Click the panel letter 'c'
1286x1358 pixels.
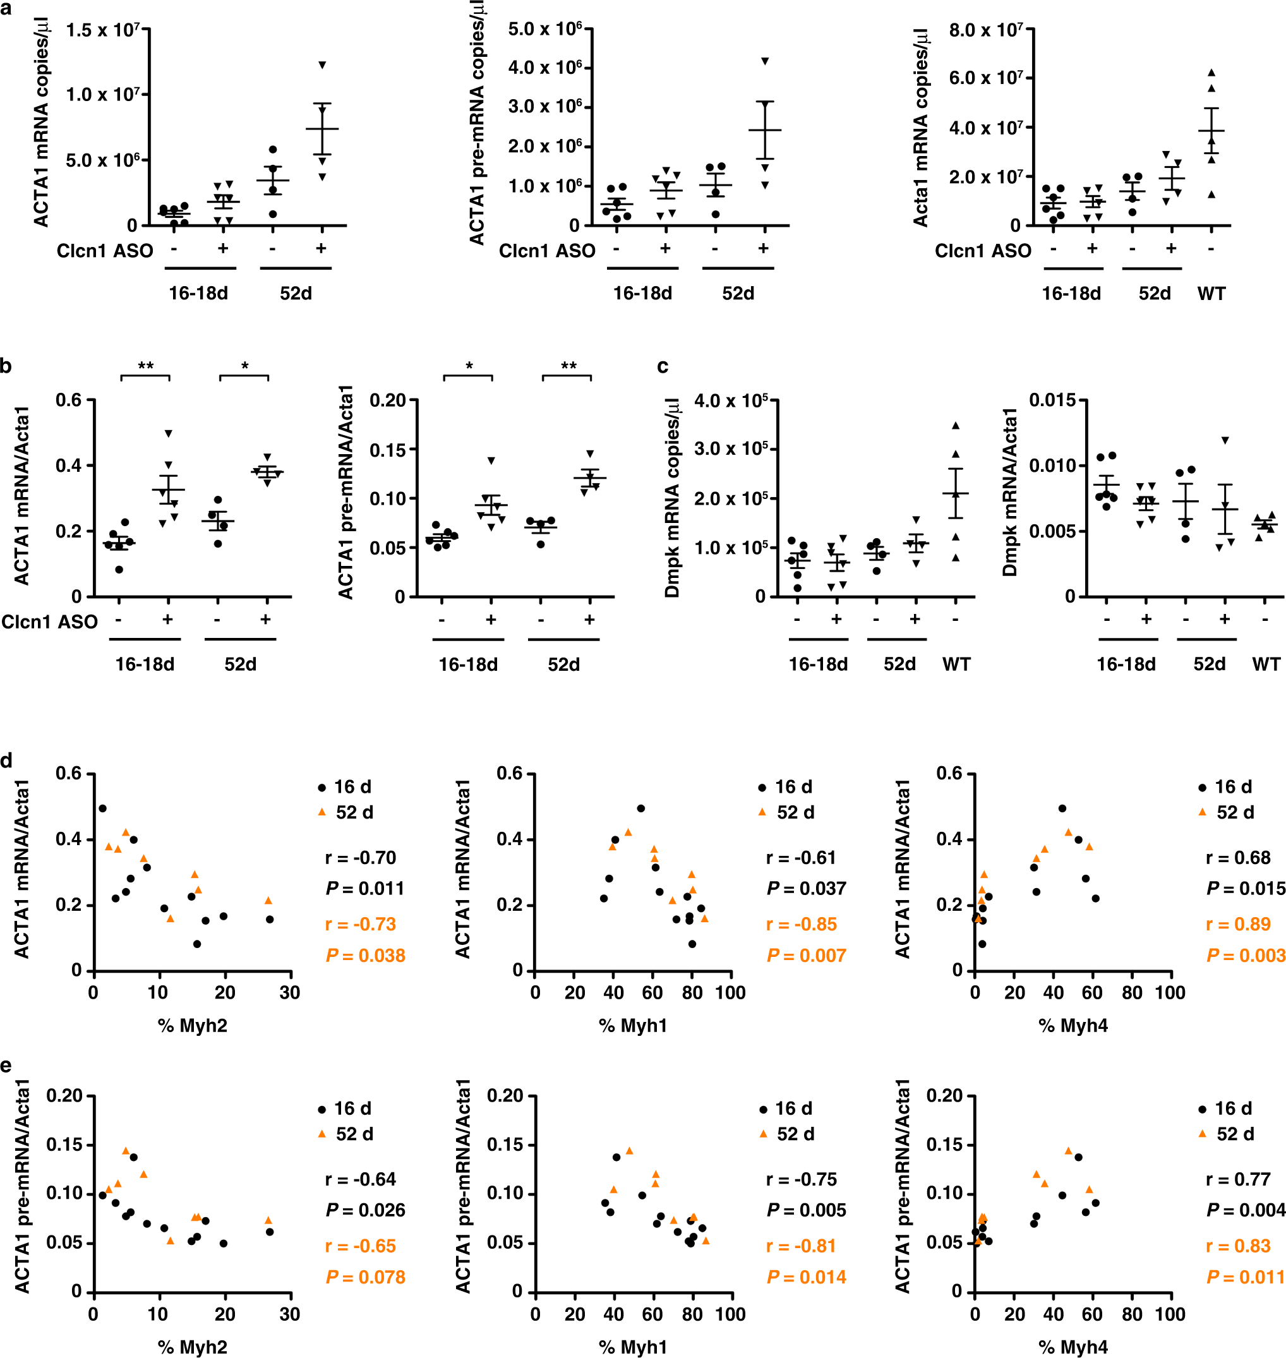662,367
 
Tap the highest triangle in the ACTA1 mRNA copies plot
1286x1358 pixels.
322,65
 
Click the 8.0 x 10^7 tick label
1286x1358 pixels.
986,31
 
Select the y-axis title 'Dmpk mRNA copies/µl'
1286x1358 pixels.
673,498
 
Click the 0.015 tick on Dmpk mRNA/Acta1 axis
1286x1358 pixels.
1056,400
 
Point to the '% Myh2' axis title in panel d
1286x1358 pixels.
193,1026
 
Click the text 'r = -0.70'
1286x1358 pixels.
361,858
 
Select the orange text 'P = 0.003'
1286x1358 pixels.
1246,956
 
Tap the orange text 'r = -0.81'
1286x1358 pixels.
801,1246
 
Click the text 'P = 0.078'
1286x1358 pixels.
365,1277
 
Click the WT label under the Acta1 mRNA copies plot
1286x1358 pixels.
1211,294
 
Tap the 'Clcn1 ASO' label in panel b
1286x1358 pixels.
49,622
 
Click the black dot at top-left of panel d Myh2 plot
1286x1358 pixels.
103,808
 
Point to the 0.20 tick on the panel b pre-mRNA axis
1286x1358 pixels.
388,400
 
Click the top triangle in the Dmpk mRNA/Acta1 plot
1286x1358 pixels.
1225,441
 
